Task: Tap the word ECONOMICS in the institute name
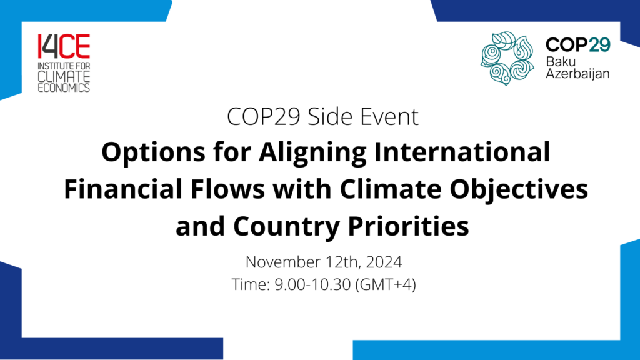click(63, 87)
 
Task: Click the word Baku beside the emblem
click(560, 61)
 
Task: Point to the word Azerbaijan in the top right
click(577, 74)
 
